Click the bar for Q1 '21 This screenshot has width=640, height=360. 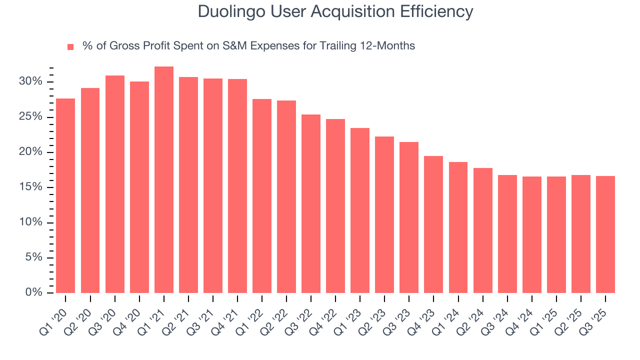pyautogui.click(x=164, y=180)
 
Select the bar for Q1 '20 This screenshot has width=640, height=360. pyautogui.click(x=65, y=196)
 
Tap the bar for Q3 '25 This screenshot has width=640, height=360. pyautogui.click(x=605, y=234)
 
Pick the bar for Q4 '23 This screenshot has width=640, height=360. pyautogui.click(x=433, y=224)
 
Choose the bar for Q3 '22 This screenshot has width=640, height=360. pyautogui.click(x=311, y=204)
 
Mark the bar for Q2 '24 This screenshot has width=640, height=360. pyautogui.click(x=483, y=230)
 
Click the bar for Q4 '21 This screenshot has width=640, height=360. pyautogui.click(x=237, y=186)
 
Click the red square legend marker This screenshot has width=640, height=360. pyautogui.click(x=70, y=46)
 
